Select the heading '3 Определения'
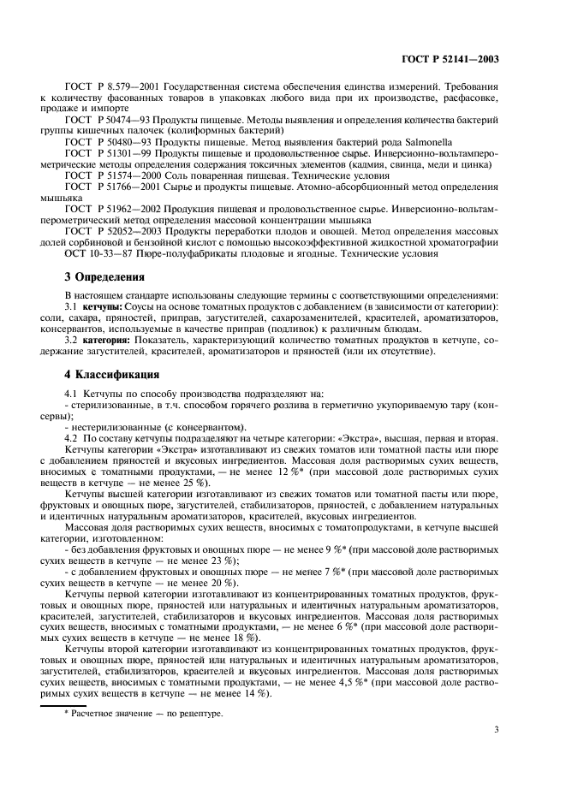point(105,276)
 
